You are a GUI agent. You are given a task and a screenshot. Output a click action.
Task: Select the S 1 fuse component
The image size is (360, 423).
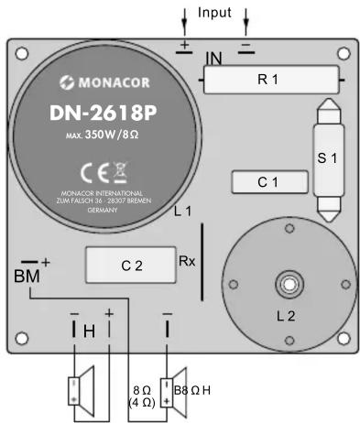coord(327,157)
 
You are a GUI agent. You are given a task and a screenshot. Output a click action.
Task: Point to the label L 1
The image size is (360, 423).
coord(182,212)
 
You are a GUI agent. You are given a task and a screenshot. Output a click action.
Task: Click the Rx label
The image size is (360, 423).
coord(186,260)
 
